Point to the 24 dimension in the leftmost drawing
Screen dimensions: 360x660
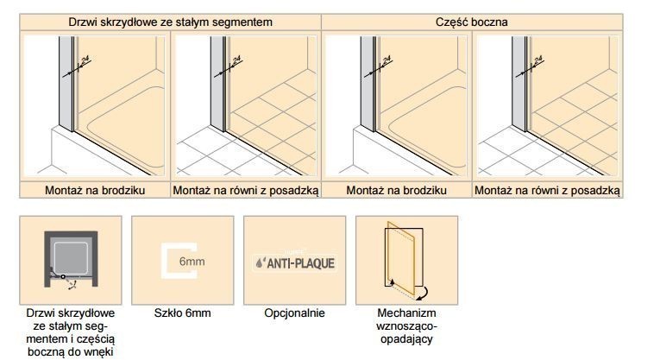(84, 60)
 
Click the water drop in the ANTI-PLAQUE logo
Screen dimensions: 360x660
(261, 262)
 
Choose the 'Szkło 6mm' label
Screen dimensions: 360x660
(182, 313)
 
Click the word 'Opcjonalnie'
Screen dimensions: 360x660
(294, 313)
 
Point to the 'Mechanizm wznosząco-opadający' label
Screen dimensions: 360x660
(406, 325)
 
